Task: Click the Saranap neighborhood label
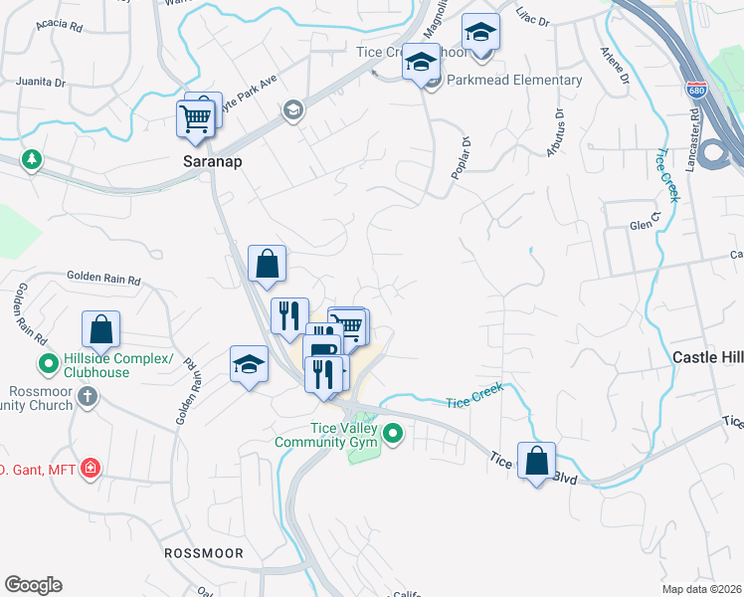213,159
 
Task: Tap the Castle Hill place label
707,356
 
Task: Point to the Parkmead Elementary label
514,80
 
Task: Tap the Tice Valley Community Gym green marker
394,433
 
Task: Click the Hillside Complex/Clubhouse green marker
46,363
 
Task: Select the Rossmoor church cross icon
88,397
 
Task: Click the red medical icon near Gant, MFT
91,468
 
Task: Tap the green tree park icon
33,159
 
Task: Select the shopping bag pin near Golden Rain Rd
267,265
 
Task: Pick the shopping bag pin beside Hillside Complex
100,329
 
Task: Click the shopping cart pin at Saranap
196,119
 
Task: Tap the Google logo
33,585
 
